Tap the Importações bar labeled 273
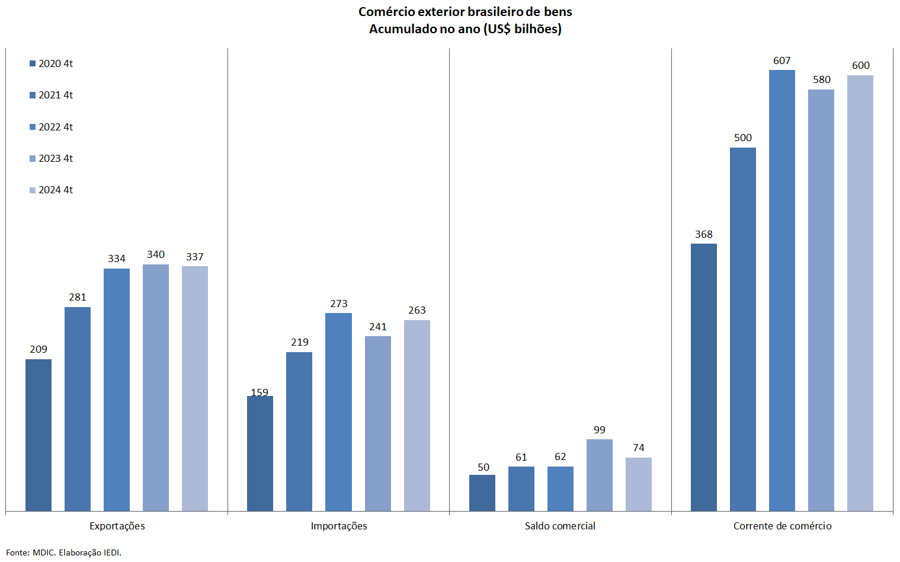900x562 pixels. [338, 411]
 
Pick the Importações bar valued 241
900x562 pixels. [378, 423]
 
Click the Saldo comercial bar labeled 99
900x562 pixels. [600, 475]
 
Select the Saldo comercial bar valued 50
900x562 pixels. [482, 493]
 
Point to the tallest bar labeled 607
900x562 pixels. [782, 290]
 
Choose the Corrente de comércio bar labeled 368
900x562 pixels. [704, 377]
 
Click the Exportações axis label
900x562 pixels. [117, 526]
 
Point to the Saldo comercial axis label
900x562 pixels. [560, 526]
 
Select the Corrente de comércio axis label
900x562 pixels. [782, 526]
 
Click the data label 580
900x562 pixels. [822, 79]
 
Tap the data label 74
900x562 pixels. [639, 448]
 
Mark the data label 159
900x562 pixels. [260, 392]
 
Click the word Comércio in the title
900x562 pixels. [387, 12]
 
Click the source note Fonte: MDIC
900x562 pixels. [30, 553]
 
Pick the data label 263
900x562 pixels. [417, 310]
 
